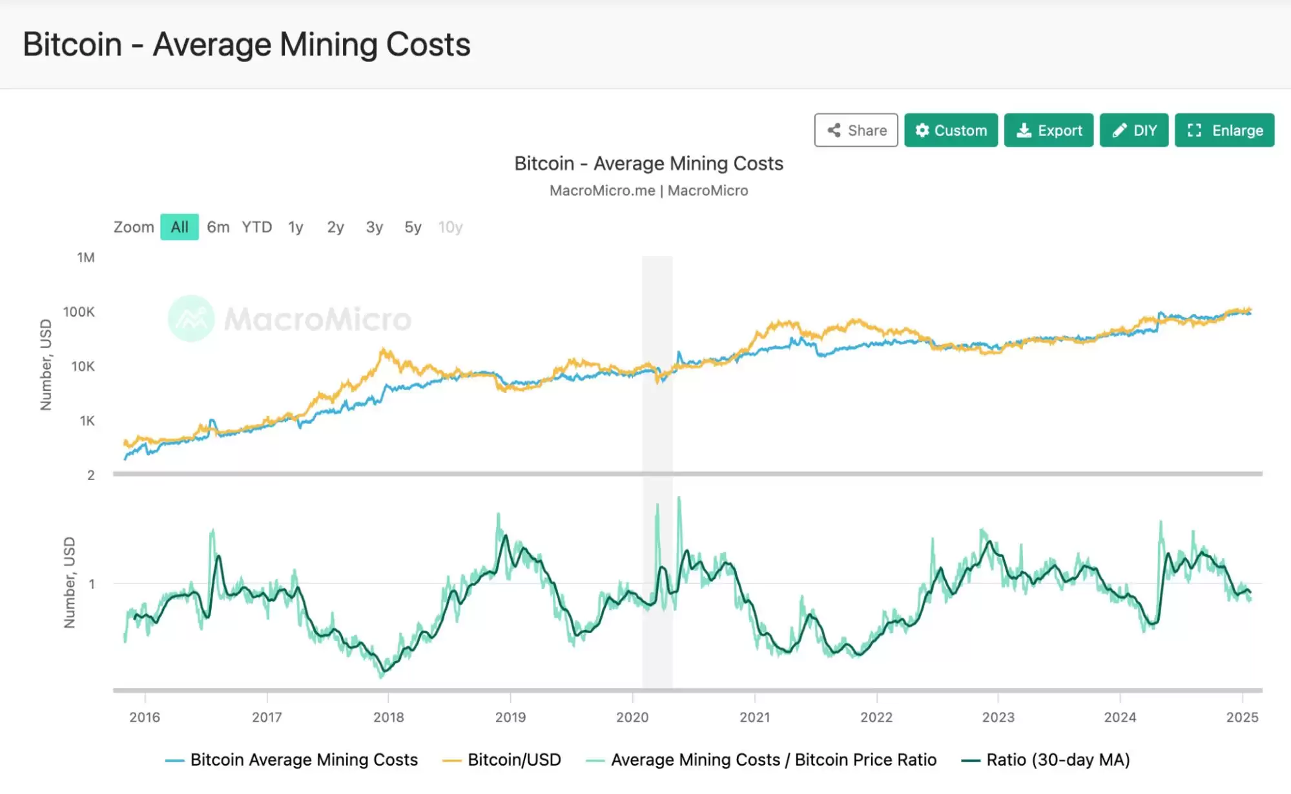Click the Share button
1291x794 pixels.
click(856, 131)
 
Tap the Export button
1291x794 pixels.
click(1048, 131)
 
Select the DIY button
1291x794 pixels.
click(1133, 131)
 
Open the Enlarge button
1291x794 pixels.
click(1224, 131)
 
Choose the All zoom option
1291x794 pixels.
click(180, 227)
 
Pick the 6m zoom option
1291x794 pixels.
click(218, 227)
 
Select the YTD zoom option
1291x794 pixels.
click(257, 227)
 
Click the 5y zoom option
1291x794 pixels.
click(413, 227)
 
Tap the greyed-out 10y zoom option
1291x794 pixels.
click(450, 227)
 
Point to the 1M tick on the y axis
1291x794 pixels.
click(86, 258)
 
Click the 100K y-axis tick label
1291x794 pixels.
click(79, 312)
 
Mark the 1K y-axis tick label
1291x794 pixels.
click(87, 421)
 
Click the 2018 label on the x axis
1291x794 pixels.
click(389, 717)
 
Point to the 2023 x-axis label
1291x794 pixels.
click(998, 717)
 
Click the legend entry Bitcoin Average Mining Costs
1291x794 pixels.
click(304, 760)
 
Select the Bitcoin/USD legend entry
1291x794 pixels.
click(514, 760)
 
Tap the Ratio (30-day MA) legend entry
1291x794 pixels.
click(1058, 760)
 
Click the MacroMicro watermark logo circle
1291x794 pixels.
click(191, 319)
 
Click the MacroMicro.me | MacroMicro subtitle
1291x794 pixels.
click(648, 191)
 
